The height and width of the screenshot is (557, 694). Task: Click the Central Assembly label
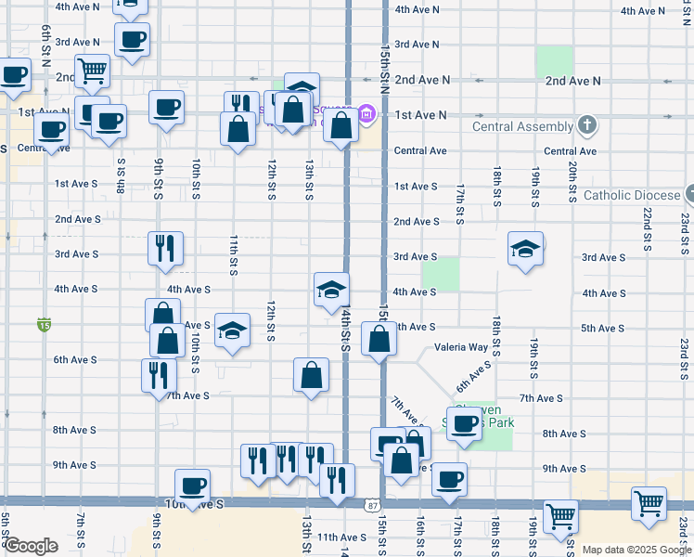coord(522,126)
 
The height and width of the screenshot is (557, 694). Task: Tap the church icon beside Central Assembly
coord(586,124)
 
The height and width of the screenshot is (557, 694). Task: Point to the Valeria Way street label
coord(461,348)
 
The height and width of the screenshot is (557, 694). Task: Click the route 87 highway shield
coord(371,505)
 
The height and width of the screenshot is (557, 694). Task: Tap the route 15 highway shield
coord(44,324)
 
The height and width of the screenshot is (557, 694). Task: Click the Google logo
coord(31,546)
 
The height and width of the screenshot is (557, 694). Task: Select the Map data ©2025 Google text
coord(636,550)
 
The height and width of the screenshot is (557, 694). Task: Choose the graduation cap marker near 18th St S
coord(525,249)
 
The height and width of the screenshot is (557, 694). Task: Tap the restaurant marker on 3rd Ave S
coord(165,248)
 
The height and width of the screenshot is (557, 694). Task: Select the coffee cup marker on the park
coord(465,423)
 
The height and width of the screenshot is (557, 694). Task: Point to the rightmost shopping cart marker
coord(649,504)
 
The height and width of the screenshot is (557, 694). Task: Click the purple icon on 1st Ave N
coord(366,115)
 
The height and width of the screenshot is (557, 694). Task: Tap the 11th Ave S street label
coord(341,538)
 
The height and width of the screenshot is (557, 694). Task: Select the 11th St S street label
coord(233,254)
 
